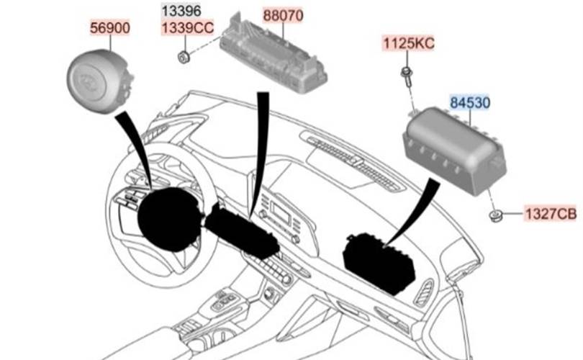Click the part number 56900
click(109, 28)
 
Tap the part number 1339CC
click(186, 28)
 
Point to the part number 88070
click(283, 14)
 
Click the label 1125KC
click(408, 43)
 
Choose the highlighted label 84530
click(470, 103)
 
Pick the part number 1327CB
click(551, 214)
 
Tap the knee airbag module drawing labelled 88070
click(271, 52)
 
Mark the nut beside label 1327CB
click(495, 215)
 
